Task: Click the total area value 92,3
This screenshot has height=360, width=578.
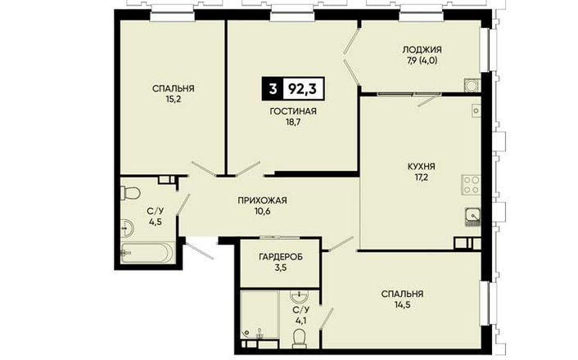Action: point(302,89)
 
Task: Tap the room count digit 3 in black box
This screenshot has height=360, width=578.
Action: point(273,89)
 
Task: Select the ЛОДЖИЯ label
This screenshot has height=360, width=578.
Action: point(422,49)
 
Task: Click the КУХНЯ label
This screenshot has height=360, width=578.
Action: point(421,167)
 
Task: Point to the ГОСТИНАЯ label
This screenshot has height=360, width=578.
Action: point(293,111)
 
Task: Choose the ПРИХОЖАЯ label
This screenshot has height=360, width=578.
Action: point(262,200)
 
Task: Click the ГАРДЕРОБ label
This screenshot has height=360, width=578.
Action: point(281,256)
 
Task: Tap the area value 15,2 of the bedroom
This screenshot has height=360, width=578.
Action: point(174,99)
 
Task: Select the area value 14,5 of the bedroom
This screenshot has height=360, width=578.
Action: point(403,304)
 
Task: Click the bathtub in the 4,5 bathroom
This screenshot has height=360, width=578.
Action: point(148,252)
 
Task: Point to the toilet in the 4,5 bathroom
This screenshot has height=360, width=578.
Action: point(129,193)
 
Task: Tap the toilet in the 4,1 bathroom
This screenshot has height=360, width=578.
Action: point(299,339)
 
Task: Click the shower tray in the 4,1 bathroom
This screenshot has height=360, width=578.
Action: point(260,315)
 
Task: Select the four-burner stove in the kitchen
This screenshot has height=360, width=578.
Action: point(472,185)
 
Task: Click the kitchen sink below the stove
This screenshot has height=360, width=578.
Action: point(472,216)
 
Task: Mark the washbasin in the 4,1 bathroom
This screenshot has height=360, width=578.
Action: point(300,295)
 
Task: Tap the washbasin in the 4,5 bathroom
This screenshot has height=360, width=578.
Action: point(128,228)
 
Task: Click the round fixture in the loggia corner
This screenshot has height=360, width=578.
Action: point(471,85)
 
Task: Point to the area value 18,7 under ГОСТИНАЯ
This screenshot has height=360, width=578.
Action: point(293,122)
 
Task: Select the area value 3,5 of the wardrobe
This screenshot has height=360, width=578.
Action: point(281,268)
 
